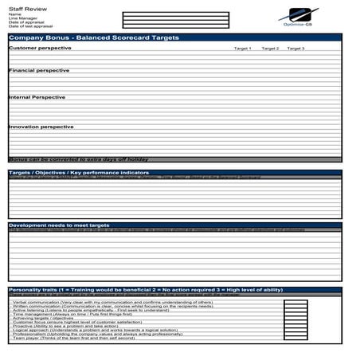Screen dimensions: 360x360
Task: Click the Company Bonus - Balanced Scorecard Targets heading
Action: (94, 37)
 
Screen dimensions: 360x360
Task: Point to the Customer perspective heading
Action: (40, 48)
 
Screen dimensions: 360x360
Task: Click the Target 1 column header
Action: (242, 49)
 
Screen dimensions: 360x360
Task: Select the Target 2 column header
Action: (270, 49)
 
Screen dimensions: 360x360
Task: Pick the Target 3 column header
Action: (295, 49)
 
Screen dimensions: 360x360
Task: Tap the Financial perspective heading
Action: (39, 70)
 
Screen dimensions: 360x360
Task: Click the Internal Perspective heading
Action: (37, 97)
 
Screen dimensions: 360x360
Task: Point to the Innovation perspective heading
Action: (41, 126)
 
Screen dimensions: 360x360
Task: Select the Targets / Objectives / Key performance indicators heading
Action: (79, 172)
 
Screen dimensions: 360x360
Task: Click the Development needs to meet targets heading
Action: (59, 225)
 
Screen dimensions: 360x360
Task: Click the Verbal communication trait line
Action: (112, 303)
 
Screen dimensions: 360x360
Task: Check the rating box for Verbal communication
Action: (295, 303)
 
